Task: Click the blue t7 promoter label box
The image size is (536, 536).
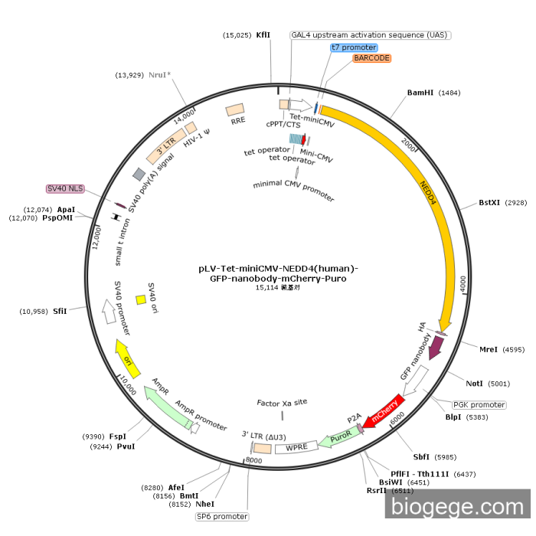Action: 354,47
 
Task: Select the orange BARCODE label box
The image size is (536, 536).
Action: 372,58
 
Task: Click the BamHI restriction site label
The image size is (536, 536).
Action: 420,93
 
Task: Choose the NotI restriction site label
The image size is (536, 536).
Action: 475,384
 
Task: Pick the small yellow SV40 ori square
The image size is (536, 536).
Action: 141,299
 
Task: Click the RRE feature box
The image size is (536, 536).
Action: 237,112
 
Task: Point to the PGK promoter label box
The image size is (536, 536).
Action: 479,405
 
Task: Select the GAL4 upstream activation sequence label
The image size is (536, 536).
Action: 368,35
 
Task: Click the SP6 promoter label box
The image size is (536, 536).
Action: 222,517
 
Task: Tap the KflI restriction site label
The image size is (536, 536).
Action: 263,35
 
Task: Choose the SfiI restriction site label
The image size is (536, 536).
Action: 60,311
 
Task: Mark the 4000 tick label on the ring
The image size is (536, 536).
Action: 462,285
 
